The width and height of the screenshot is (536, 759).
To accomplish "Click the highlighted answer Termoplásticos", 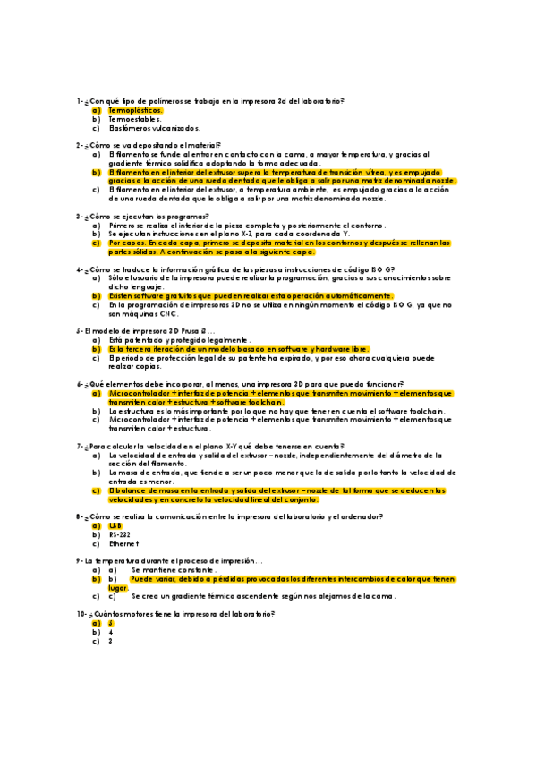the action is click(x=135, y=110).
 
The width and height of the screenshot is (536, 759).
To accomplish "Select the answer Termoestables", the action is click(x=134, y=119).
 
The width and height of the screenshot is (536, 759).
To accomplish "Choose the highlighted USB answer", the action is click(x=115, y=526).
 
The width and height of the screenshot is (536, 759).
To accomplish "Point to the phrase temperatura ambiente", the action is click(x=283, y=190).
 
